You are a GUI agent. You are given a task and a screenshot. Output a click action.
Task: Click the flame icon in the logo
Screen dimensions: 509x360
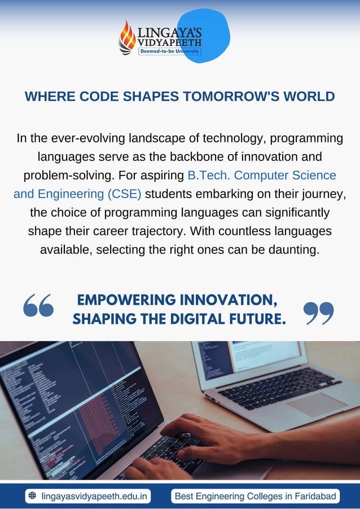[x=126, y=37]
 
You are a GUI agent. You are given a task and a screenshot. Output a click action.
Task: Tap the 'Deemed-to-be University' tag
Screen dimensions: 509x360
[x=169, y=51]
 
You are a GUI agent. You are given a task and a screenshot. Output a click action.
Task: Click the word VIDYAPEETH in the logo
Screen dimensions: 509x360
[x=169, y=42]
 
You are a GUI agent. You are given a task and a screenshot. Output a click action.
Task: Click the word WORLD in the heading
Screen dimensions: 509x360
[x=309, y=96]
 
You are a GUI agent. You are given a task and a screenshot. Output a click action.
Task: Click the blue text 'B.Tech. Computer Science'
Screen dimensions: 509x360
[x=261, y=175]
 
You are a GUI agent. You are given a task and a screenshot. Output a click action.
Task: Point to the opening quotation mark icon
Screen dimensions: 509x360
[x=38, y=305]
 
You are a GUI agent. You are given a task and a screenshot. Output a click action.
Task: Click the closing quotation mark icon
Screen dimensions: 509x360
[x=318, y=313]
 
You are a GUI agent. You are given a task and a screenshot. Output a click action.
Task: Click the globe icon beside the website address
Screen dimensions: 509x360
[x=32, y=496]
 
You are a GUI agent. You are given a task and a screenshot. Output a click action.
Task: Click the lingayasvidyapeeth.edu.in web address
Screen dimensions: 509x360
[x=95, y=497]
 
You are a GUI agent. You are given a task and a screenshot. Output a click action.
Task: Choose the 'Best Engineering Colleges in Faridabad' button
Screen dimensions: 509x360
[x=255, y=497]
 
